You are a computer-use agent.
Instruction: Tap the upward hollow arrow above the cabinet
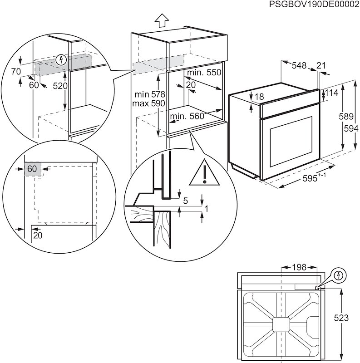(x=161, y=21)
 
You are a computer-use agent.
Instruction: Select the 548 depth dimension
(x=299, y=66)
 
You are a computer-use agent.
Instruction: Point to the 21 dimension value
(x=321, y=66)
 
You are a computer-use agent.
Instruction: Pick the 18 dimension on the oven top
(x=259, y=97)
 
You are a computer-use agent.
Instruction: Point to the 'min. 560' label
(x=187, y=117)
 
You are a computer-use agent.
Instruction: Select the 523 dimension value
(x=347, y=318)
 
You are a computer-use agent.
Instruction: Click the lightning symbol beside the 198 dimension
(x=339, y=275)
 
